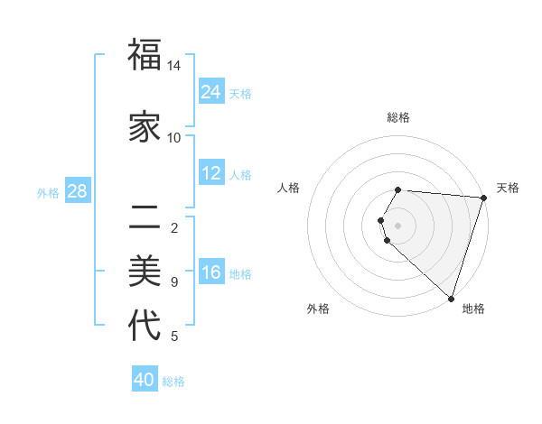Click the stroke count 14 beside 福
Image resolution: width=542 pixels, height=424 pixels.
click(174, 66)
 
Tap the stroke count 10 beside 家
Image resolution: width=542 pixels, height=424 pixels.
click(174, 137)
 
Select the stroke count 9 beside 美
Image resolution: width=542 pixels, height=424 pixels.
click(174, 282)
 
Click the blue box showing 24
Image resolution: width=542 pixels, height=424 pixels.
click(211, 92)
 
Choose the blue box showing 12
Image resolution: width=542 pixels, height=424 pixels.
click(211, 173)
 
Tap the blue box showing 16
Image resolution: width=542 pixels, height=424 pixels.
click(211, 272)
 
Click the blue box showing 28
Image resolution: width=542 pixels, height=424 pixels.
click(77, 191)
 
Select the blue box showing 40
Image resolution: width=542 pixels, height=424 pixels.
click(145, 380)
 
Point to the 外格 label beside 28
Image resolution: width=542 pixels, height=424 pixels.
click(48, 193)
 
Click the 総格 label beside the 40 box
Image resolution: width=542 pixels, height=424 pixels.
click(173, 382)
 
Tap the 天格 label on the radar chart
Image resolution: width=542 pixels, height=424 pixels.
click(508, 188)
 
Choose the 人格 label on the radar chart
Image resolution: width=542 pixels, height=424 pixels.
click(289, 188)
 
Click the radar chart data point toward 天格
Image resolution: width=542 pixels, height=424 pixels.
click(483, 198)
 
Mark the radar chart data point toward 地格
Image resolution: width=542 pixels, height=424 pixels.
click(451, 298)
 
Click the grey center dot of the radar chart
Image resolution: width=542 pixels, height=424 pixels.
click(398, 226)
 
